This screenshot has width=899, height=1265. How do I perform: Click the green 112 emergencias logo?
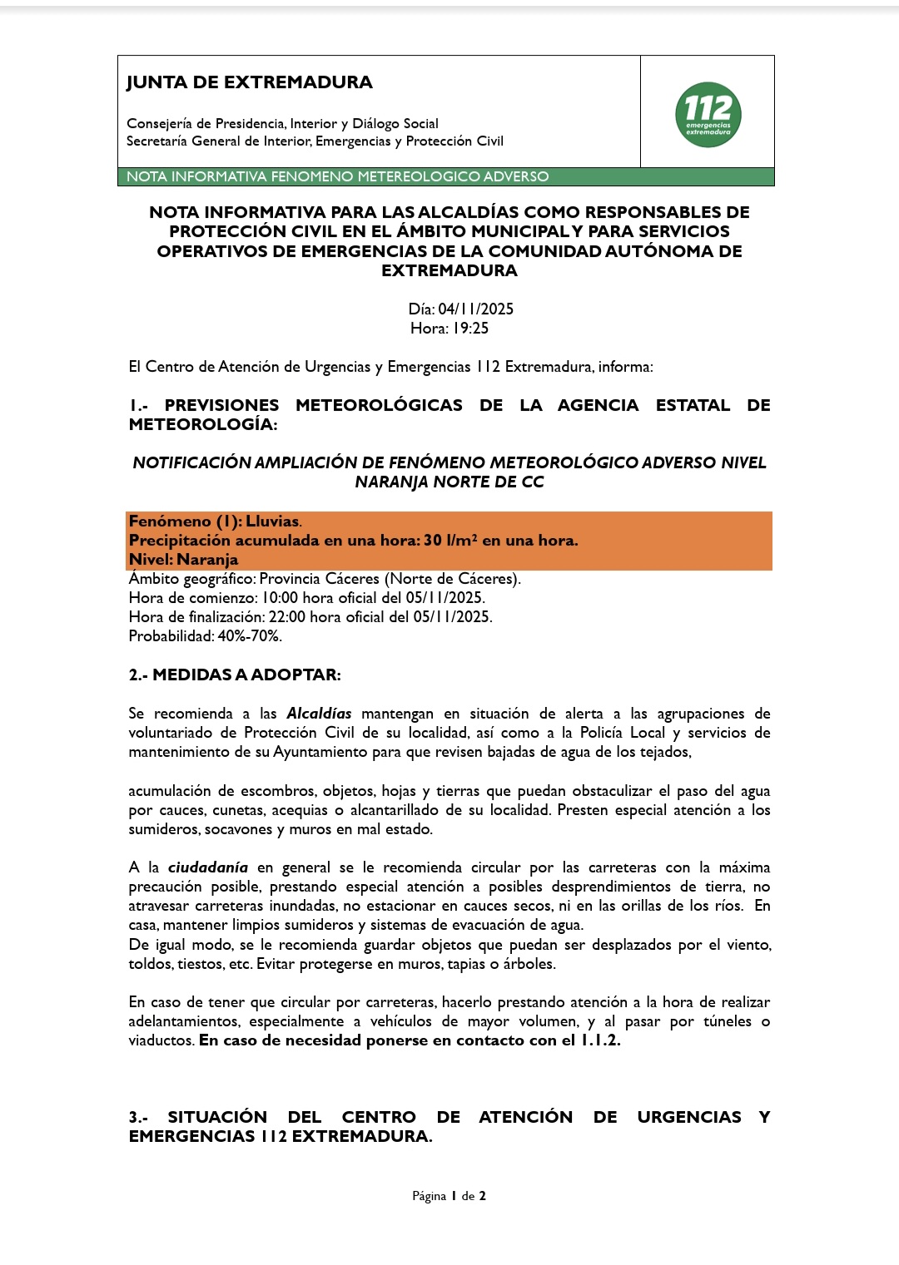click(x=708, y=115)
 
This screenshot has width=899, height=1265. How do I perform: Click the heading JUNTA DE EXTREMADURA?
click(x=249, y=82)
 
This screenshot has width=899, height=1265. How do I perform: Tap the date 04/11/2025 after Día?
click(x=475, y=309)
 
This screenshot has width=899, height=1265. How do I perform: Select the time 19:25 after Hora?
click(x=470, y=329)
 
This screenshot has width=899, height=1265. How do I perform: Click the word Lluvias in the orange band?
click(x=272, y=521)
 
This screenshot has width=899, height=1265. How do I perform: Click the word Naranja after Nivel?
click(x=207, y=560)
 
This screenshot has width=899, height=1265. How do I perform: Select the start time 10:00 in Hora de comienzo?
click(x=282, y=598)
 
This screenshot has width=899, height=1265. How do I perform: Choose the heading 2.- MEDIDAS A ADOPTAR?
click(x=235, y=675)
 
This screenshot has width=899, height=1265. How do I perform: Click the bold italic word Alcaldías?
click(x=319, y=714)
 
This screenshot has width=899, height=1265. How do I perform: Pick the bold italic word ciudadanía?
click(x=208, y=867)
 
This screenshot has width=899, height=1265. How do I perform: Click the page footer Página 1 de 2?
click(x=449, y=1196)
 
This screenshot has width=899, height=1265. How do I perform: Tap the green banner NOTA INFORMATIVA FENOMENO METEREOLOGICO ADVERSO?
click(x=337, y=176)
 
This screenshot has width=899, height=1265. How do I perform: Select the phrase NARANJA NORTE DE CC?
click(x=449, y=482)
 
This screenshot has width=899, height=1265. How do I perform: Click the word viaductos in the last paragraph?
click(x=161, y=1040)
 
